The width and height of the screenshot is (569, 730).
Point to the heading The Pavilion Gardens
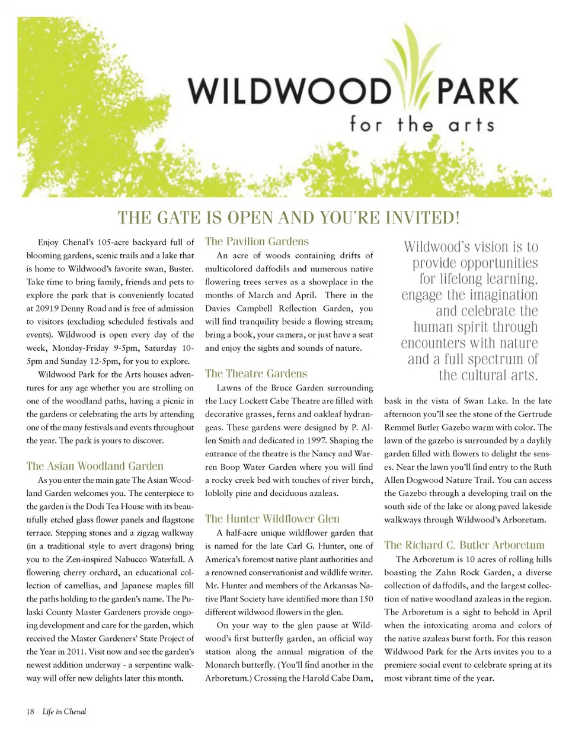tap(257, 242)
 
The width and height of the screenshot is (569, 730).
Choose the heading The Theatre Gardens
tap(256, 373)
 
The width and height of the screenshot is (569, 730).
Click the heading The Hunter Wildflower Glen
tap(272, 519)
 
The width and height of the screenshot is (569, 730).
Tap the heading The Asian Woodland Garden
tap(95, 466)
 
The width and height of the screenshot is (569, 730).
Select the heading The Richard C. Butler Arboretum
tap(464, 545)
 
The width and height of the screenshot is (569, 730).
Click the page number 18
tap(30, 711)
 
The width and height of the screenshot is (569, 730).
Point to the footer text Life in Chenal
tap(65, 711)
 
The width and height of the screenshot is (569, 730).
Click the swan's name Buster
tap(181, 268)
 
